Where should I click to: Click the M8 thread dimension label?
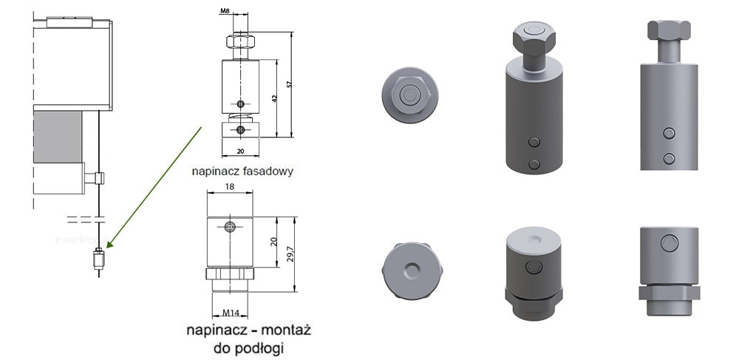click(x=225, y=12)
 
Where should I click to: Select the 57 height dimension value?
click(x=290, y=84)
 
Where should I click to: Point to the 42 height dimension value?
click(x=274, y=98)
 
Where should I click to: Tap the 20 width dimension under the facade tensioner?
click(x=240, y=152)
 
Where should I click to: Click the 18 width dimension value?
click(x=230, y=186)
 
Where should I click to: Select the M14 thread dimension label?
click(x=231, y=313)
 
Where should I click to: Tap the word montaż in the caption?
click(x=286, y=330)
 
